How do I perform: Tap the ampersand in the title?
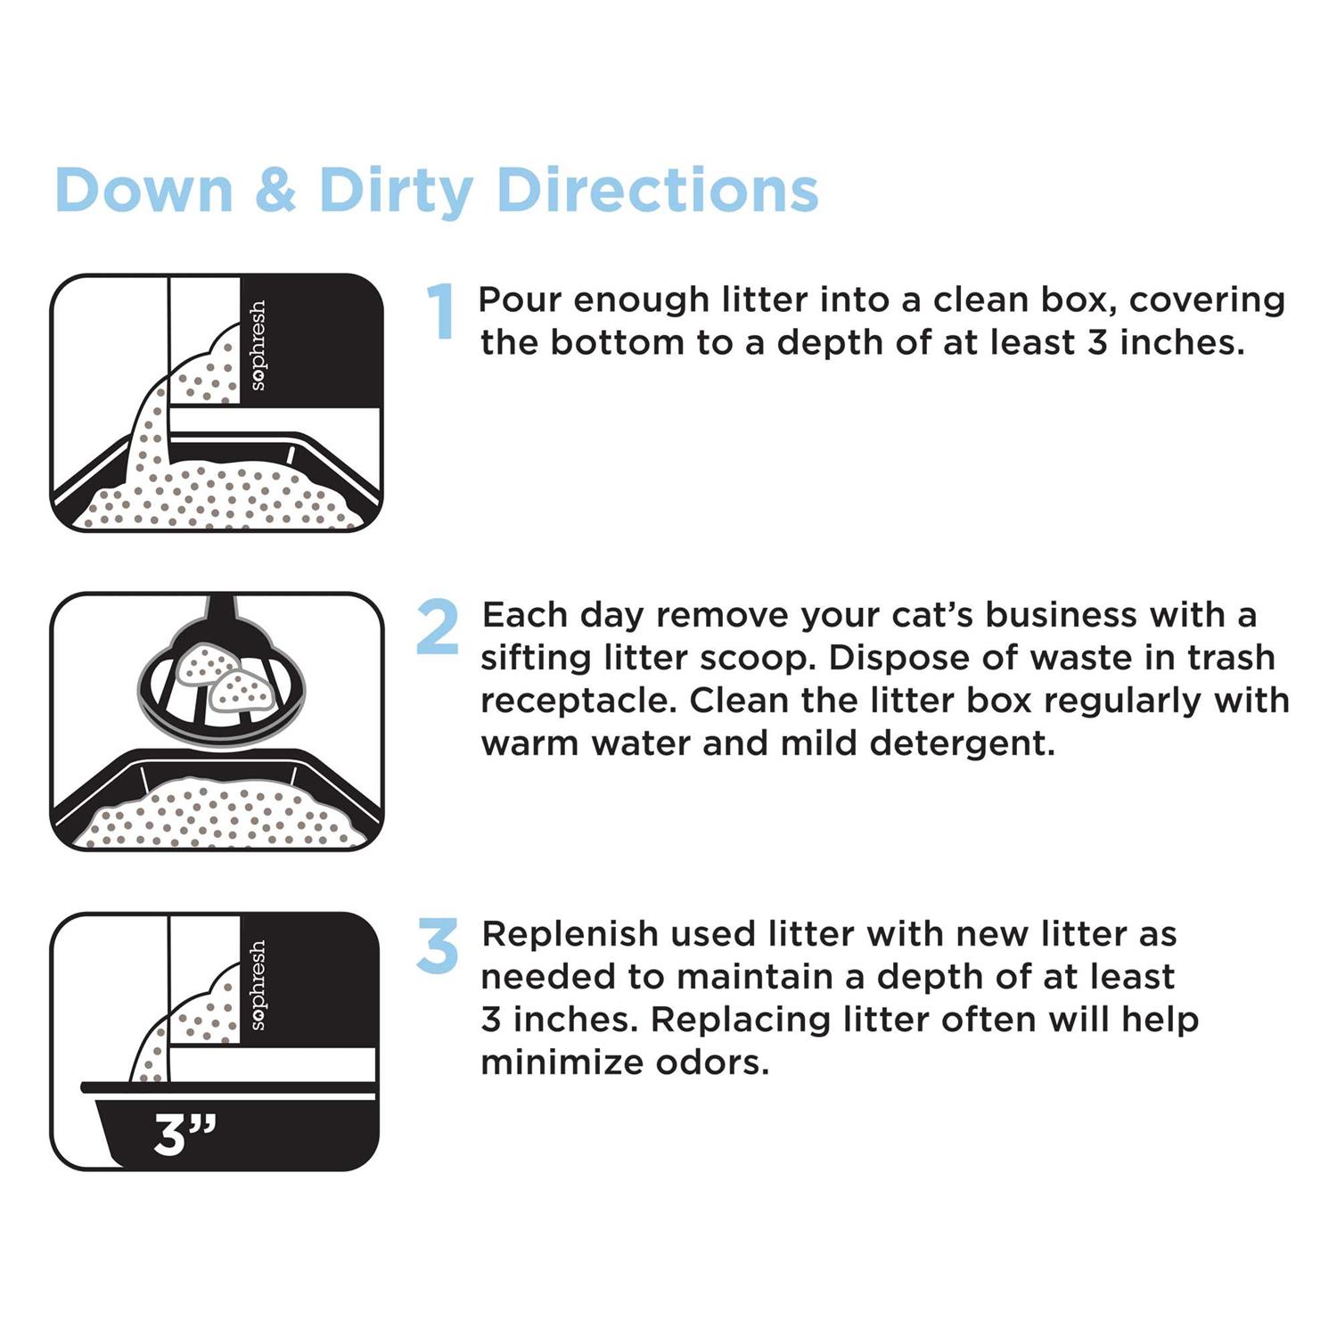(275, 190)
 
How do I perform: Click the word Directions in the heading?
(657, 190)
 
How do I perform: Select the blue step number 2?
(438, 627)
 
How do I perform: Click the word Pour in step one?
(520, 300)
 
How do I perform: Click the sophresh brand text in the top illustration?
(258, 346)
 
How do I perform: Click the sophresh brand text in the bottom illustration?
(258, 985)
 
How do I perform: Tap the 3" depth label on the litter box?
(185, 1133)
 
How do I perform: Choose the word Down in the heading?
(144, 191)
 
